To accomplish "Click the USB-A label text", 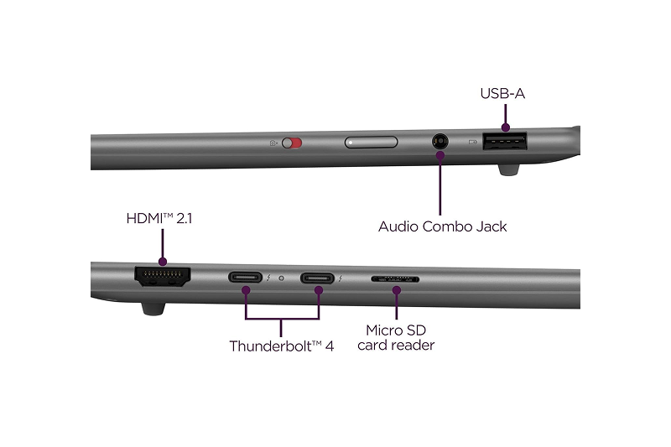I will pyautogui.click(x=502, y=93).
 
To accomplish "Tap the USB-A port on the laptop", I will pyautogui.click(x=506, y=143).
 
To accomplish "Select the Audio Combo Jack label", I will pyautogui.click(x=442, y=226).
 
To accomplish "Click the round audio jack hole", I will pyautogui.click(x=439, y=143).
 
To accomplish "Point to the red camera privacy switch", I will pyautogui.click(x=291, y=143).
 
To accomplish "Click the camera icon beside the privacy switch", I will pyautogui.click(x=273, y=143).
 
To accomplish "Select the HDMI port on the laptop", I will pyautogui.click(x=162, y=277).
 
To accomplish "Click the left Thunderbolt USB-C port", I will pyautogui.click(x=246, y=278).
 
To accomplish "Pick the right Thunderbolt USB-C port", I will pyautogui.click(x=319, y=278).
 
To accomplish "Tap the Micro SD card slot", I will pyautogui.click(x=396, y=278).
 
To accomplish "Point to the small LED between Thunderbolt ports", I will pyautogui.click(x=282, y=278).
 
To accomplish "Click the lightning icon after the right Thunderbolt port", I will pyautogui.click(x=340, y=278).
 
